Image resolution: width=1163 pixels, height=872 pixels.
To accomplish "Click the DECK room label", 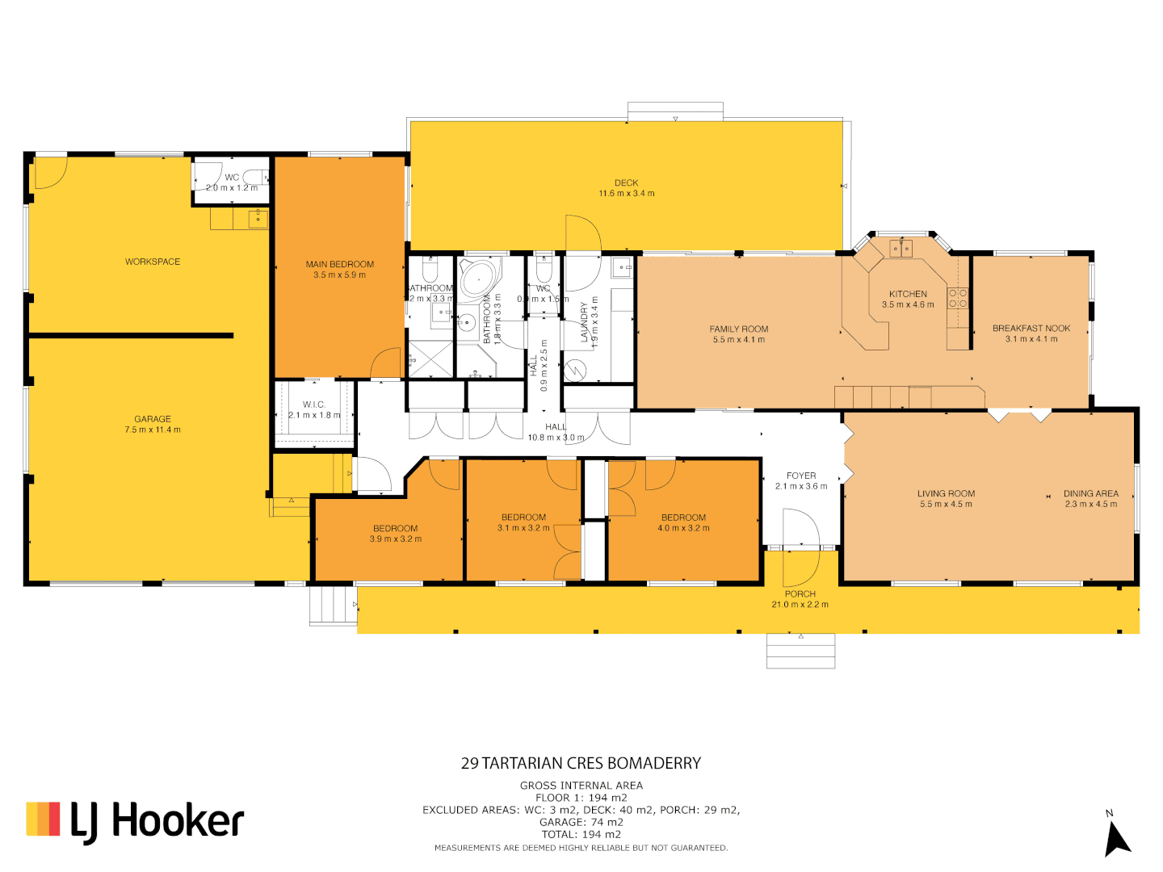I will coord(626,188).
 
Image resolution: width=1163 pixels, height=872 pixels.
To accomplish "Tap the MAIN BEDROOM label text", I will coord(339,270).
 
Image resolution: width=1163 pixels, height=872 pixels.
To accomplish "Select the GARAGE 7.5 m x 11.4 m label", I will coord(153,424).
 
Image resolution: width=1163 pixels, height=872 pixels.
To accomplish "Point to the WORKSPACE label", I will coord(153,262).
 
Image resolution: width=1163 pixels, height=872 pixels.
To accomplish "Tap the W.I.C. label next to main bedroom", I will coord(314,409).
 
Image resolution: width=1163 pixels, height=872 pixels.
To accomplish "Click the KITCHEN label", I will coord(908,299).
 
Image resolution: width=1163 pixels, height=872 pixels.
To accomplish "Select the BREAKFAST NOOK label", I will coord(1031,333).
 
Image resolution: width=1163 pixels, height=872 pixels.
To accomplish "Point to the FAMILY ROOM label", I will coord(738,334).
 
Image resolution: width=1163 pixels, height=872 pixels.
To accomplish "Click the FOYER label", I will coord(801,480).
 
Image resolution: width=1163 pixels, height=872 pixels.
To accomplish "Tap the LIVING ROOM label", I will coord(946,498).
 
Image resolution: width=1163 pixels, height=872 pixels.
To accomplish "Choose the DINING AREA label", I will coord(1090,498).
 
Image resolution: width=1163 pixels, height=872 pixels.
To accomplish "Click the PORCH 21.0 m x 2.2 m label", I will coord(800,599).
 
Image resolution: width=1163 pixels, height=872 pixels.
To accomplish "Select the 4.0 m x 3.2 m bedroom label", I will coord(683,522).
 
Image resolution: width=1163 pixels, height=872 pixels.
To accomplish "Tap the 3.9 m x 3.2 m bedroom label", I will coord(395,533).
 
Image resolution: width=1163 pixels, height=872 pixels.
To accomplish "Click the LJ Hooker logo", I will coord(135,820).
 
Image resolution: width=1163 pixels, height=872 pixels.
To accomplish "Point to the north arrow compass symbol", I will coord(1117,836).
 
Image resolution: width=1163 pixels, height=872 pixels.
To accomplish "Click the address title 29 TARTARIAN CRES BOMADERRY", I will coord(581,763).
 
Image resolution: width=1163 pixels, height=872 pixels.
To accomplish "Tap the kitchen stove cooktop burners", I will coord(958,298).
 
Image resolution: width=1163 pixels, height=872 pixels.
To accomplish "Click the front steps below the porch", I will coord(800,651).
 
